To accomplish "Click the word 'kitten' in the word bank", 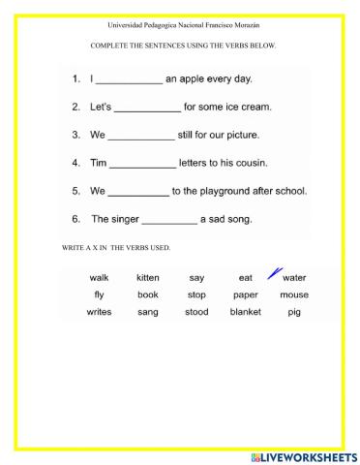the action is click(x=148, y=278).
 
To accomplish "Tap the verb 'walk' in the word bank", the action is click(x=100, y=278).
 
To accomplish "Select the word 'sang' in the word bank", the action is click(x=148, y=312).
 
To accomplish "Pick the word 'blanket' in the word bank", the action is click(x=246, y=312).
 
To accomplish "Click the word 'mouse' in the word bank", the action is click(x=294, y=294).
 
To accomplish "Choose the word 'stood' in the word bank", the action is click(x=196, y=312).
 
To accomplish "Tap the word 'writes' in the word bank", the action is click(x=100, y=312).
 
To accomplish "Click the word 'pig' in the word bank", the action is click(x=294, y=312).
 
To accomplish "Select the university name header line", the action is click(x=180, y=24).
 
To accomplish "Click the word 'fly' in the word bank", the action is click(x=100, y=294).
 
